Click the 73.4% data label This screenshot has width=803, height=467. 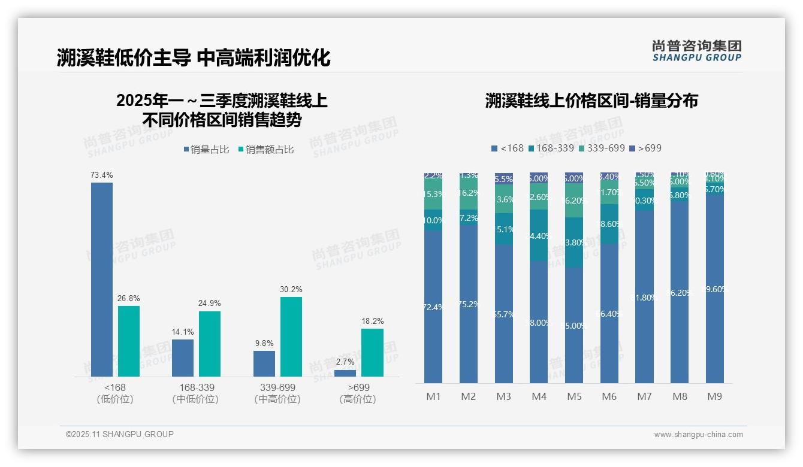[x=102, y=175]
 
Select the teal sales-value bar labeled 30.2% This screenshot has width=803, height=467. [x=291, y=336]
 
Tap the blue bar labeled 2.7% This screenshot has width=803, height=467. [x=345, y=373]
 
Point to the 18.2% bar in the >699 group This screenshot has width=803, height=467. [x=372, y=352]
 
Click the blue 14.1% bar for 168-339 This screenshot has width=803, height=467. [x=183, y=358]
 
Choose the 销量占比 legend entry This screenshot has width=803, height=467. [x=206, y=150]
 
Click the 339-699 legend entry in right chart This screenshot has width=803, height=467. [x=602, y=148]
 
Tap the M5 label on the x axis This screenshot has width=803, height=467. [x=574, y=396]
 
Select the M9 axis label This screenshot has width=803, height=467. [x=715, y=396]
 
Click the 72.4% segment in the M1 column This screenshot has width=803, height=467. [x=433, y=307]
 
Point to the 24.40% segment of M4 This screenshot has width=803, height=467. [x=539, y=236]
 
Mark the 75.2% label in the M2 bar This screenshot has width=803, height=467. [x=468, y=304]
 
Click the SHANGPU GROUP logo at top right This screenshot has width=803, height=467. [x=696, y=50]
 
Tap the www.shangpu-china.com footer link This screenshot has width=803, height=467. [x=698, y=435]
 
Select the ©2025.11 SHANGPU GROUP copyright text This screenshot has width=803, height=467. [x=120, y=434]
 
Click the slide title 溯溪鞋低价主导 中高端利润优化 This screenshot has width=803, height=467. [x=194, y=58]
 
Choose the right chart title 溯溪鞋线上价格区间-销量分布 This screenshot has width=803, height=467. [x=591, y=101]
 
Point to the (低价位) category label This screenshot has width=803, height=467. [x=114, y=399]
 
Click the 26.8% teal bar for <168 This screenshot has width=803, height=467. [x=129, y=341]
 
